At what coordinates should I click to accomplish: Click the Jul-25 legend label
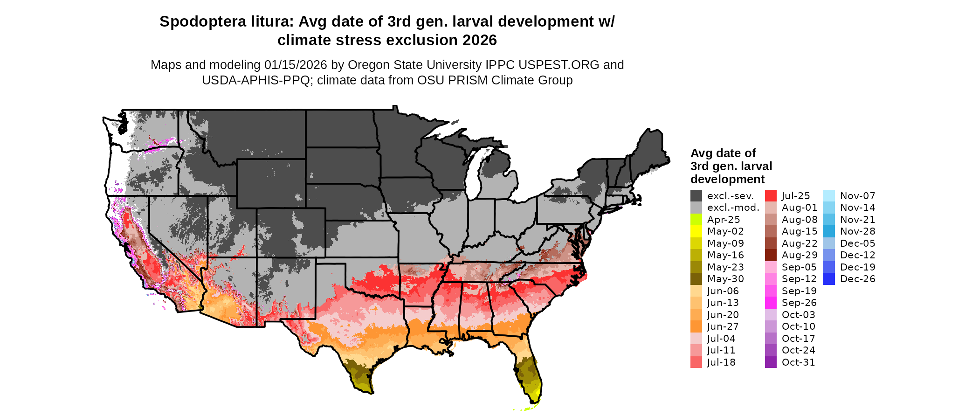(796, 196)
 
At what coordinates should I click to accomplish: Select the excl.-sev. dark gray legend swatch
(696, 196)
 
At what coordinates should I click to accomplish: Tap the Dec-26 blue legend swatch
(829, 279)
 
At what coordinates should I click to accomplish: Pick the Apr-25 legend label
(723, 220)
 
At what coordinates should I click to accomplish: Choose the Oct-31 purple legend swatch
(771, 362)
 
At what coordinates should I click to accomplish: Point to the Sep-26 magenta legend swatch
(771, 303)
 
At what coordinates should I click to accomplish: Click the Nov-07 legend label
(857, 196)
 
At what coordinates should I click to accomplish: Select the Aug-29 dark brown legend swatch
(771, 255)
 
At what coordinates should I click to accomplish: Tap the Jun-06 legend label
(723, 291)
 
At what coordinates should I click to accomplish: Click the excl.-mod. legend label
(733, 208)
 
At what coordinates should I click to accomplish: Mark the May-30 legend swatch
(696, 279)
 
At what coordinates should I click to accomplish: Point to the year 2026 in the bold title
(480, 41)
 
